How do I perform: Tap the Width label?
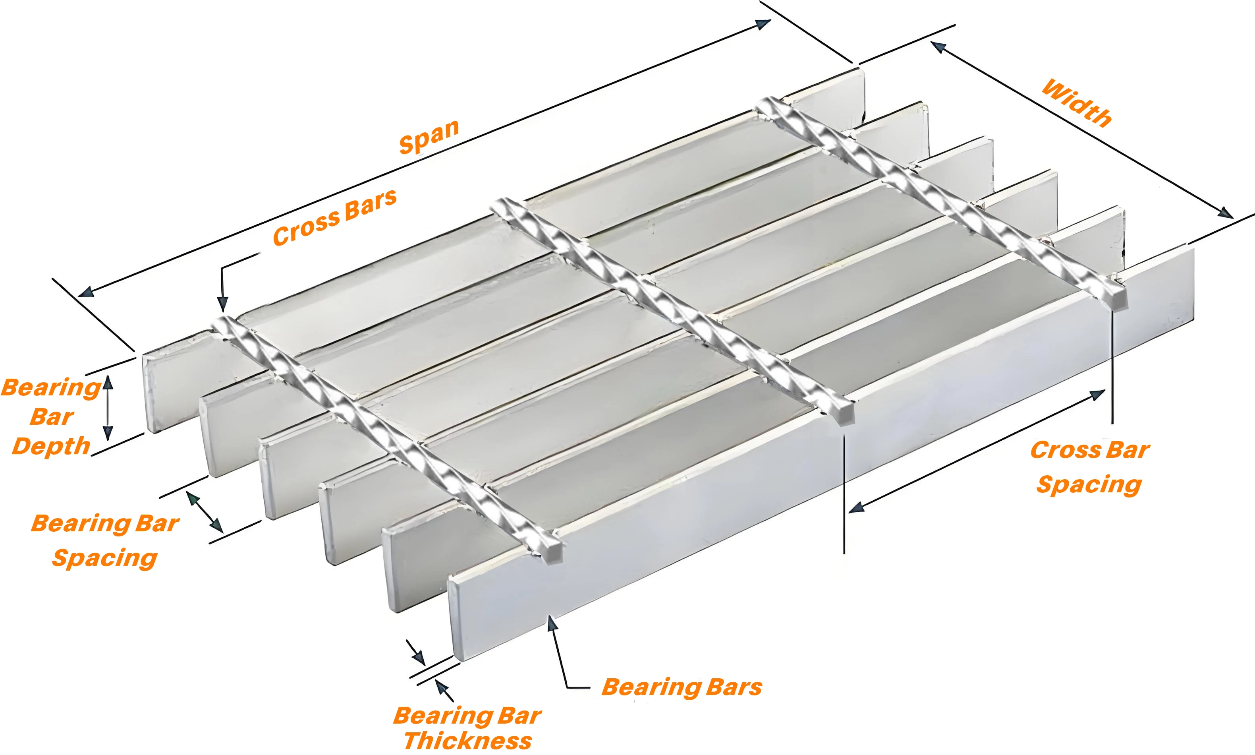coord(1077,103)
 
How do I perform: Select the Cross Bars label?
coord(334,217)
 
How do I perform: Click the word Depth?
coord(51,446)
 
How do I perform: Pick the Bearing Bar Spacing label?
coord(105,540)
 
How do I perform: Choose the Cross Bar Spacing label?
coord(1089,467)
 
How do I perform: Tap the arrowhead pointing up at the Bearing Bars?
coord(551,623)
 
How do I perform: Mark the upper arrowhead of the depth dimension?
coord(107,383)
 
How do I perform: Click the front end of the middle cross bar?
coord(844,412)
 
